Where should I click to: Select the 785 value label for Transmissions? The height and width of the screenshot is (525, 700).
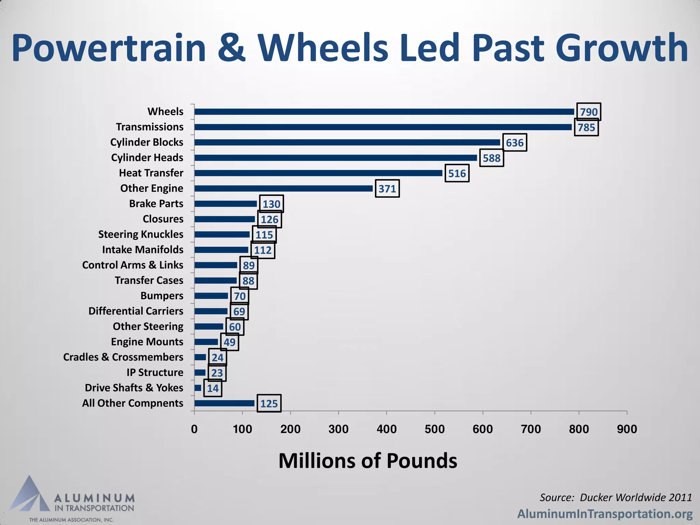(586, 127)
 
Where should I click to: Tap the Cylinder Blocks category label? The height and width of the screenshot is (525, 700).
(147, 142)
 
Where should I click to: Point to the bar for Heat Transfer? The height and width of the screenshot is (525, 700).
(318, 173)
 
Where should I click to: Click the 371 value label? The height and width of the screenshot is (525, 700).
(387, 189)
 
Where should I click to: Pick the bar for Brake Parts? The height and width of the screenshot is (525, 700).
(226, 204)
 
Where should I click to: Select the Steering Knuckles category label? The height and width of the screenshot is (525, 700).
(141, 234)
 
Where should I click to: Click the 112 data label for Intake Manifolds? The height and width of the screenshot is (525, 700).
(263, 250)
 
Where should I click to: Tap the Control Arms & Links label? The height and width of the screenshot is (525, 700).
(133, 265)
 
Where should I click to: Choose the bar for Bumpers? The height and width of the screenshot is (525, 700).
(211, 296)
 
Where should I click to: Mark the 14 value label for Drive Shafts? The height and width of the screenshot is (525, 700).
(213, 388)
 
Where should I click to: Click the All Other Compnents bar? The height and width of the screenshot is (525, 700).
(224, 403)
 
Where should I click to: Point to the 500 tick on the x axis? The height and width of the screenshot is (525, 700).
(434, 429)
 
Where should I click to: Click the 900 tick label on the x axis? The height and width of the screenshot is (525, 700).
(627, 429)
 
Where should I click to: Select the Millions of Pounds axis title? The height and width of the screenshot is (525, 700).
(367, 461)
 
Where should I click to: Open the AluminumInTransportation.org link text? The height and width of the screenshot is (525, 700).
(605, 514)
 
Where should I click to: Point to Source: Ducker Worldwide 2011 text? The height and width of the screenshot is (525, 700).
(616, 497)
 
